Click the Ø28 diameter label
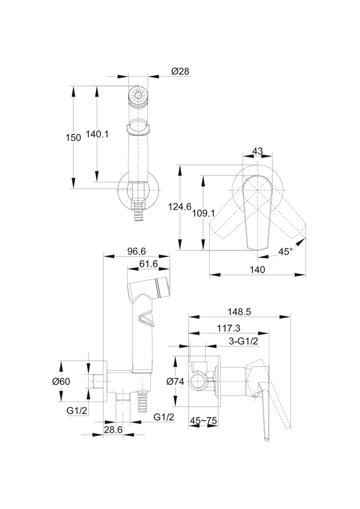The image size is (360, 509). pyautogui.click(x=180, y=72)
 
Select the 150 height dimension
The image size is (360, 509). pyautogui.click(x=74, y=137)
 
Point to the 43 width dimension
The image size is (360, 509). pyautogui.click(x=257, y=151)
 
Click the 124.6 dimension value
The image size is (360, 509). pyautogui.click(x=180, y=206)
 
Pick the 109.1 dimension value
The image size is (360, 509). pyautogui.click(x=203, y=214)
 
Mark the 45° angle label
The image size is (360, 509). pyautogui.click(x=286, y=251)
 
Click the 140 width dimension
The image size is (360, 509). pyautogui.click(x=258, y=269)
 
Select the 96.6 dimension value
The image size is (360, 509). pyautogui.click(x=136, y=251)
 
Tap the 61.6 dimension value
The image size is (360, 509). pyautogui.click(x=148, y=264)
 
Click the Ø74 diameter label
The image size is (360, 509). pyautogui.click(x=177, y=382)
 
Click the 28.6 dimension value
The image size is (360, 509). pyautogui.click(x=113, y=430)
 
